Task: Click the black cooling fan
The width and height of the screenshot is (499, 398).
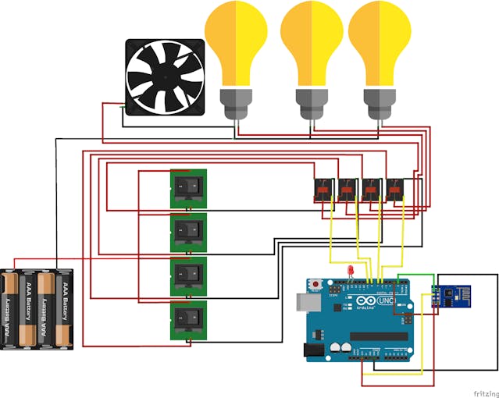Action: (166, 77)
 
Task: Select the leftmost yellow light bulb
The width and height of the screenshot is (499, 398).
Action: (235, 43)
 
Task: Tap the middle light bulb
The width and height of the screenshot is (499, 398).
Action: (311, 43)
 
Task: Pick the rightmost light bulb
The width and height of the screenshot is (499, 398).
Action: (380, 43)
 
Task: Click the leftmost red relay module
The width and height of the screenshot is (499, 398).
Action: (323, 190)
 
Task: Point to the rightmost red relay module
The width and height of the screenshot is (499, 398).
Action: (397, 190)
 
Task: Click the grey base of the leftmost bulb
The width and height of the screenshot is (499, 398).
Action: (235, 101)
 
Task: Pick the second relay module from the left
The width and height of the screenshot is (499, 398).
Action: (347, 190)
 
